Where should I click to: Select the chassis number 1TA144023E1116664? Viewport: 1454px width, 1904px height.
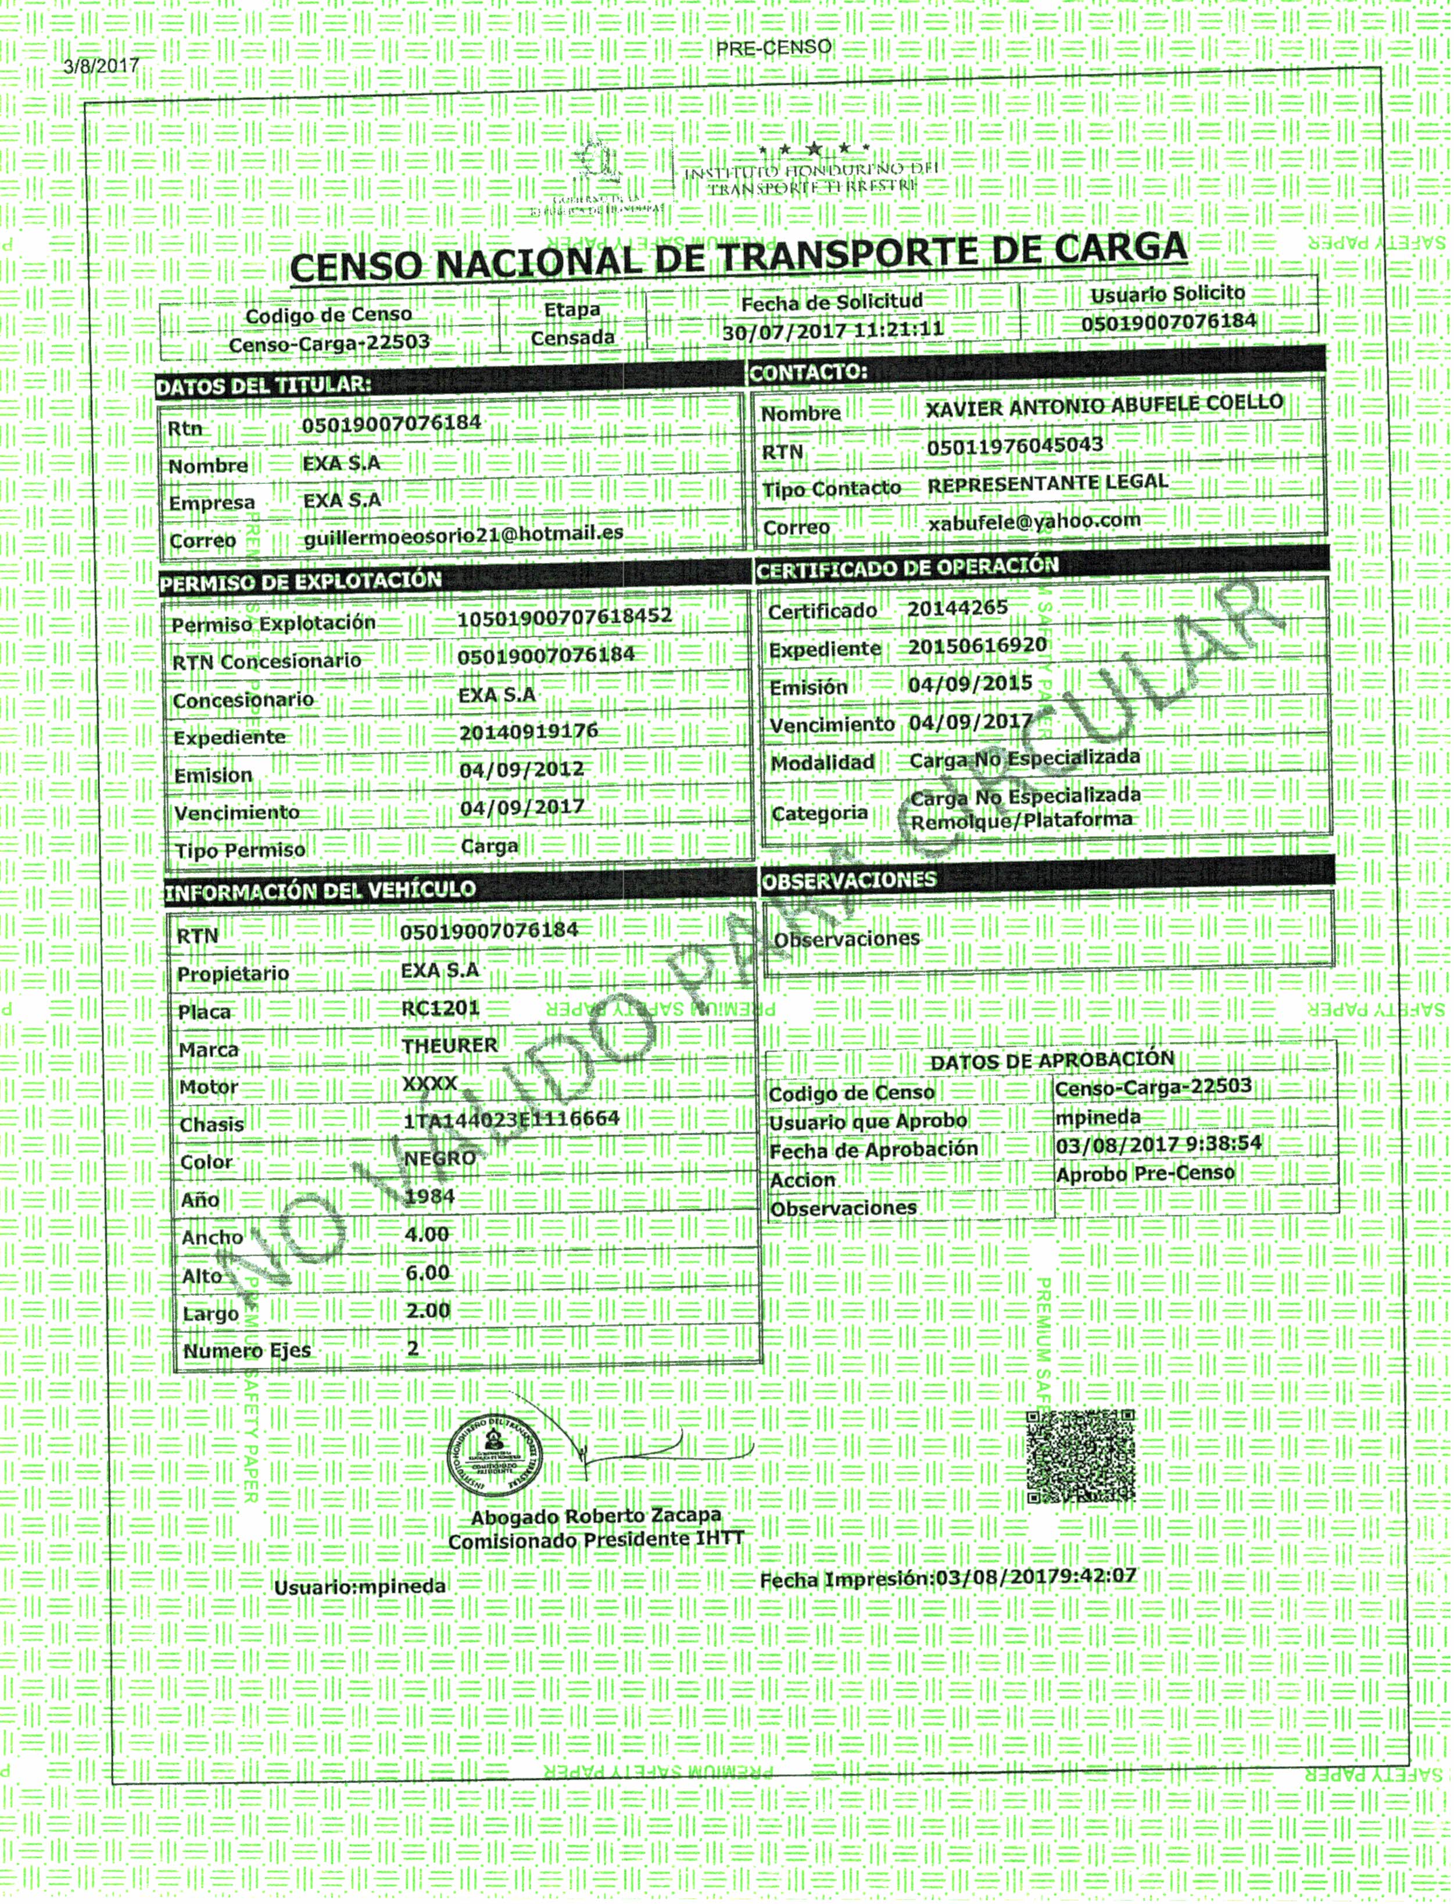click(511, 1119)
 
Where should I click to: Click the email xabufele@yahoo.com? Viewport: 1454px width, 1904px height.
click(1033, 521)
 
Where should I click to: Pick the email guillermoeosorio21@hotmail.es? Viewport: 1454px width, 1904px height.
click(463, 535)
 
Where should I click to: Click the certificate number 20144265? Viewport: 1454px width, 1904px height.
click(957, 608)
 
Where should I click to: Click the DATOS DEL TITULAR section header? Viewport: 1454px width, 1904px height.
click(263, 386)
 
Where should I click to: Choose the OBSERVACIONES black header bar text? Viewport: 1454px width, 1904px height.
click(848, 880)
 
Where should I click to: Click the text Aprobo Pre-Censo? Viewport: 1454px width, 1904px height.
click(1144, 1173)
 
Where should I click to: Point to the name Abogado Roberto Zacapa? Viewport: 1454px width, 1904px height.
click(596, 1516)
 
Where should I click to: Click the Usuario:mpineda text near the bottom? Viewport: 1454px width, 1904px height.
click(360, 1587)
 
